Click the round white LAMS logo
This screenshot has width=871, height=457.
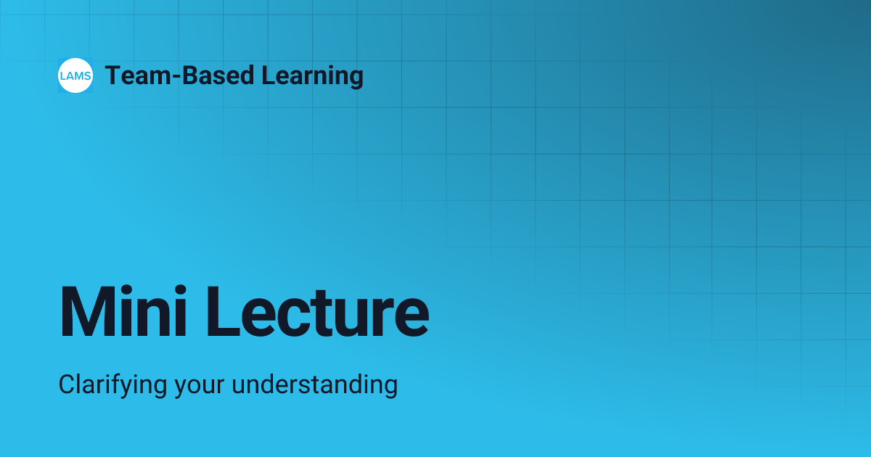[75, 75]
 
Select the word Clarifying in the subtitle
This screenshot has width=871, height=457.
[112, 384]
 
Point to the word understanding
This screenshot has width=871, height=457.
[314, 384]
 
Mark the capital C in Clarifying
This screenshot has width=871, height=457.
[67, 384]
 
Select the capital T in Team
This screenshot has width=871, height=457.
[112, 75]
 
